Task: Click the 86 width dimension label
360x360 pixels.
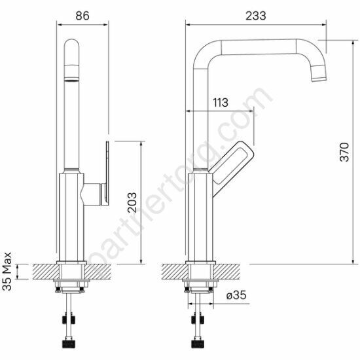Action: point(82,16)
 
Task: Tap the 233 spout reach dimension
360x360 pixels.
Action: point(256,16)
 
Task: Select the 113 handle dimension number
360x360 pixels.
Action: point(221,102)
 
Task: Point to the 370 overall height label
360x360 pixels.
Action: point(344,152)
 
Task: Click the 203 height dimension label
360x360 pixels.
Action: point(132,202)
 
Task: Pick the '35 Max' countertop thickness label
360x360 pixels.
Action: point(7,272)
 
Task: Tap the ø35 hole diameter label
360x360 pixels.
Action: point(236,295)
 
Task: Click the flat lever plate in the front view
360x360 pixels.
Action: point(107,173)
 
